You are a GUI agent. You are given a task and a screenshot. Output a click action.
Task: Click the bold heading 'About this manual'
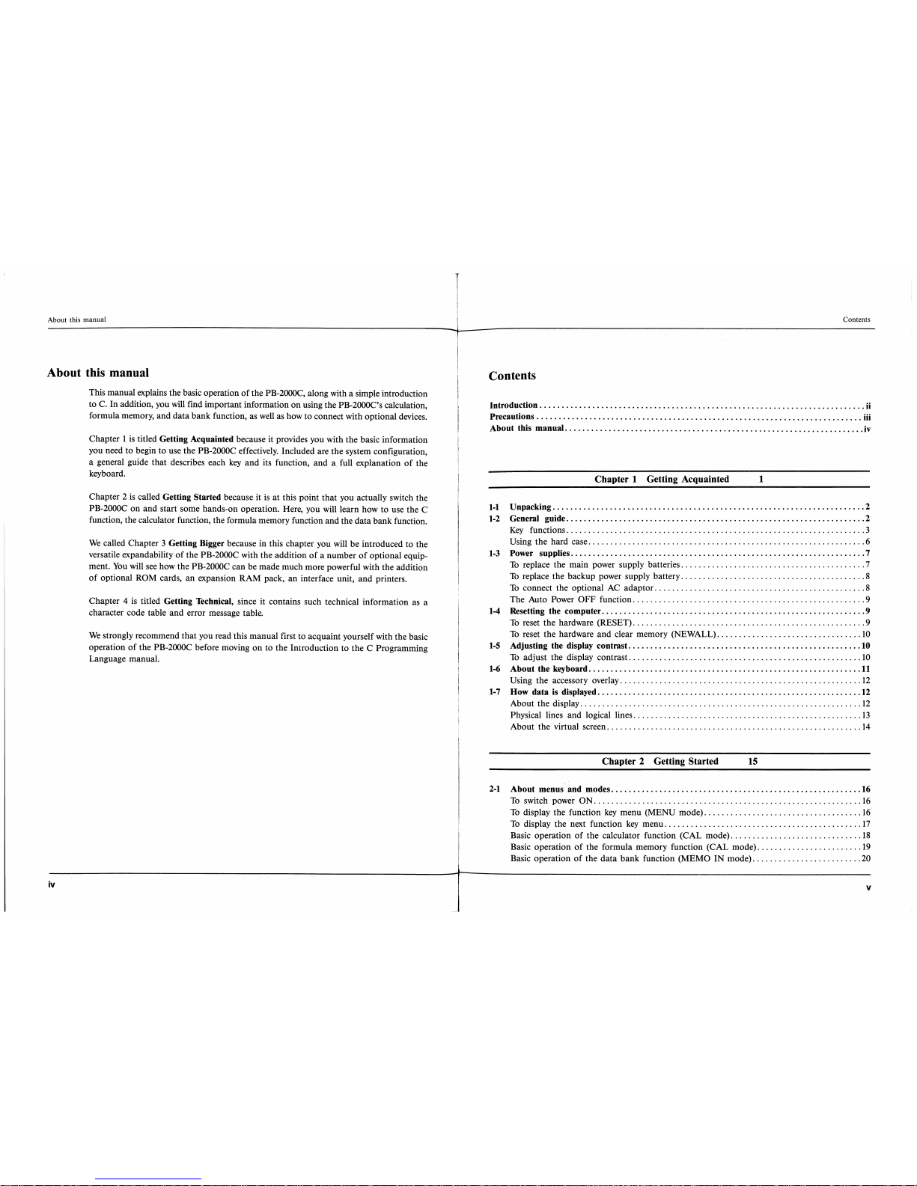tap(98, 373)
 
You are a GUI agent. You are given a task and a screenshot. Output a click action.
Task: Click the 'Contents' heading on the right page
tap(512, 376)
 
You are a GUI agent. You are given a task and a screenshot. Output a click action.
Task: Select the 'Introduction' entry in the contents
tap(514, 405)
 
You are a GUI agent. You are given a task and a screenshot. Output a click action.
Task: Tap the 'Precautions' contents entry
tap(512, 416)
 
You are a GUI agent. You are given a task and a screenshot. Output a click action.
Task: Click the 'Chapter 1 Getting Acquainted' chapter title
tap(661, 479)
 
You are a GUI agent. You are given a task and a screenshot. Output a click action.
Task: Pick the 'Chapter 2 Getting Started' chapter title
tap(659, 761)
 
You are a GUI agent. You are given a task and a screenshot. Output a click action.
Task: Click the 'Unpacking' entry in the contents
tap(530, 507)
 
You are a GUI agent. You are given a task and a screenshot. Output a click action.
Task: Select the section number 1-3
tap(494, 553)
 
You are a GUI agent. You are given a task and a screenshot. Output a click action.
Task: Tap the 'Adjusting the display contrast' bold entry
tap(568, 646)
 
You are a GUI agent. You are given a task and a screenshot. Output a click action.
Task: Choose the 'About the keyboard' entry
tap(549, 669)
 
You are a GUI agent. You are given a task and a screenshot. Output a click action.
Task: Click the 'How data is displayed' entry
tap(552, 692)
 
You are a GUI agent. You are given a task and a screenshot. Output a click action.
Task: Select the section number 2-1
tap(494, 789)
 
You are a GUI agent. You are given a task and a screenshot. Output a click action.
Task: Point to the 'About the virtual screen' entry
tap(558, 727)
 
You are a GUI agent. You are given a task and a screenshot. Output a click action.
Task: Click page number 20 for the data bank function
tap(865, 858)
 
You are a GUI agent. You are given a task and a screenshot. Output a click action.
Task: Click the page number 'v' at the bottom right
tap(868, 888)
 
